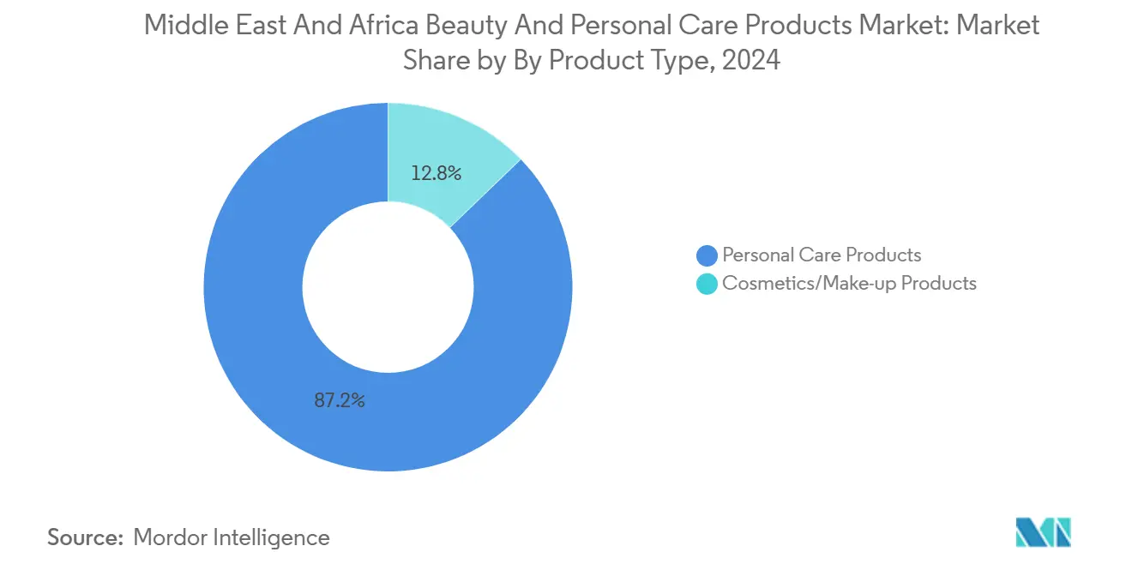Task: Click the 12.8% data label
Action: pyautogui.click(x=437, y=173)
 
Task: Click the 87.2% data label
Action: pyautogui.click(x=340, y=400)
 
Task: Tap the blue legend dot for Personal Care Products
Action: pyautogui.click(x=707, y=255)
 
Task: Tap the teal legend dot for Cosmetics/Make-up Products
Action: pyautogui.click(x=707, y=284)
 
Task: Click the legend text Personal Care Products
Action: pyautogui.click(x=822, y=255)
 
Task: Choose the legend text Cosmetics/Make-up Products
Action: pyautogui.click(x=849, y=283)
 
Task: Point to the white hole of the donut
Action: pyautogui.click(x=388, y=287)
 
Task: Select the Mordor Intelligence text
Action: pyautogui.click(x=232, y=537)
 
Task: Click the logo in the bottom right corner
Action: pyautogui.click(x=1043, y=532)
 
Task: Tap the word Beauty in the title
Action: pyautogui.click(x=461, y=25)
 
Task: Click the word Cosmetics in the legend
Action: pyautogui.click(x=769, y=283)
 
